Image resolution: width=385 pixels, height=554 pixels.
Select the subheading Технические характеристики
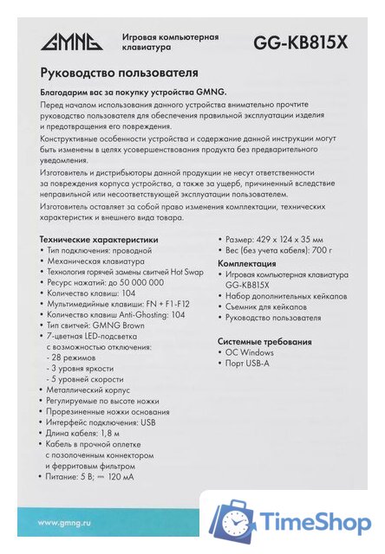100,238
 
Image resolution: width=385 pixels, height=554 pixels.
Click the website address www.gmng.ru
67,522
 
